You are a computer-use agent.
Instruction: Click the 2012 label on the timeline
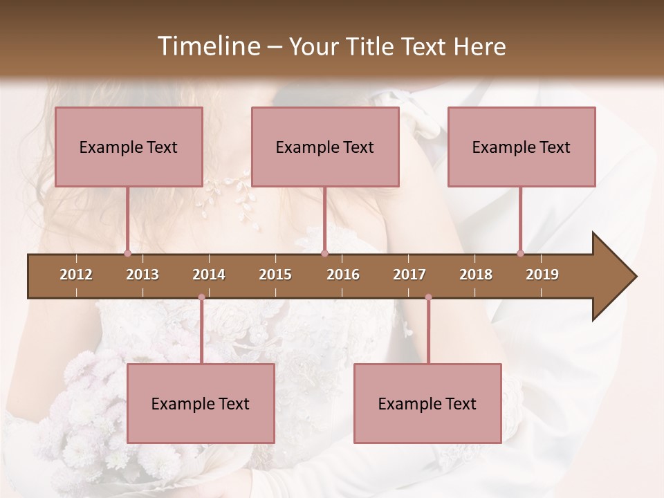coord(76,275)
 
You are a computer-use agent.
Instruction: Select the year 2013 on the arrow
coord(142,275)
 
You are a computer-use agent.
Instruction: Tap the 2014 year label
coord(209,275)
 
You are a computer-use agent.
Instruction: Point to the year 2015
coord(275,275)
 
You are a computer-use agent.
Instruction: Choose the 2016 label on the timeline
coord(343,275)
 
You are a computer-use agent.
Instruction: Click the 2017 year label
coord(409,275)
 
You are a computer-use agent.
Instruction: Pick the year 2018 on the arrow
coord(476,275)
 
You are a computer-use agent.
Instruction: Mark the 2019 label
coord(542,275)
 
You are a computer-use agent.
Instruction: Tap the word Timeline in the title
coord(207,46)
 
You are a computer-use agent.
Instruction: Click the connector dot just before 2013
coord(127,254)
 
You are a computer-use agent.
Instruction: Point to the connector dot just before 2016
coord(324,254)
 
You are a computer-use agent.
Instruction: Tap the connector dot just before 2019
coord(521,254)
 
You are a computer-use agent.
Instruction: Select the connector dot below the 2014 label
coord(201,297)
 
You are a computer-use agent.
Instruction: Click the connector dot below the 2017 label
coord(428,297)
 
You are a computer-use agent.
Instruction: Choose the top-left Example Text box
coord(129,147)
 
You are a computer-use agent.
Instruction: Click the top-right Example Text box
coord(522,147)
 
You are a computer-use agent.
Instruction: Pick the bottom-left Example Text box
coord(201,404)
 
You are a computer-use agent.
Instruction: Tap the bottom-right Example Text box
coord(427,404)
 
